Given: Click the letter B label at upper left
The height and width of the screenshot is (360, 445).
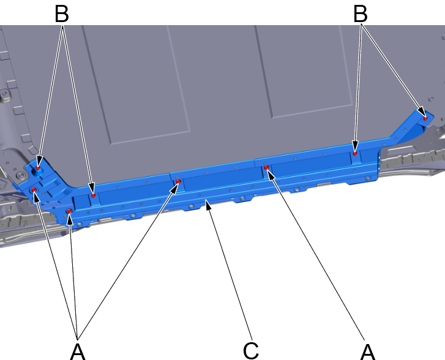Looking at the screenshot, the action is tap(62, 13).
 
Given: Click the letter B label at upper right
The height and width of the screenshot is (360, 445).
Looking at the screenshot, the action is tap(361, 13).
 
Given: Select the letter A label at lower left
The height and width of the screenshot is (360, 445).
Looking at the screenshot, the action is tap(78, 351).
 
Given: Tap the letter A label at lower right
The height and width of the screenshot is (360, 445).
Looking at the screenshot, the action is tap(368, 351).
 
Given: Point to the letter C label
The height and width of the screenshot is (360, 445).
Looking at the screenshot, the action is tap(251, 351).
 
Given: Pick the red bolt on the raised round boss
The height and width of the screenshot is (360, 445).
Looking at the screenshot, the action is tap(38, 168).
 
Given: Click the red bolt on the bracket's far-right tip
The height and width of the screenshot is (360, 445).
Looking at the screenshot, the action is tap(425, 118).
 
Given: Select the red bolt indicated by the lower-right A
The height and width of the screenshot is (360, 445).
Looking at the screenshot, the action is tap(266, 168).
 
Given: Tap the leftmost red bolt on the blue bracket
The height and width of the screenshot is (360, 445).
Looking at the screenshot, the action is tap(34, 190).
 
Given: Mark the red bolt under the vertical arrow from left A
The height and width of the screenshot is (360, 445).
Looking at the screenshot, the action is tap(69, 211).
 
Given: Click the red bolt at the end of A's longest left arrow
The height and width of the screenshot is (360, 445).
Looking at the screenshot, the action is tap(179, 181).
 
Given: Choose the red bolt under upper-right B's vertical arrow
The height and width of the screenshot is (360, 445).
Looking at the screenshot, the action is tap(355, 154).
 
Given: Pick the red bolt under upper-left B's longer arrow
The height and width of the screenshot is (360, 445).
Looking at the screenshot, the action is tap(94, 195).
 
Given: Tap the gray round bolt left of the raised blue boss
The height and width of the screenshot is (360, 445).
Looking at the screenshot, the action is tap(20, 175).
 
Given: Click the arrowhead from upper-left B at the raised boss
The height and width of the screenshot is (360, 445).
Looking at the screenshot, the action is tap(39, 160).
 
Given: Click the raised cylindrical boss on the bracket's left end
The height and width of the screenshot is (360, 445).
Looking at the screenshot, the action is tap(38, 170).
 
